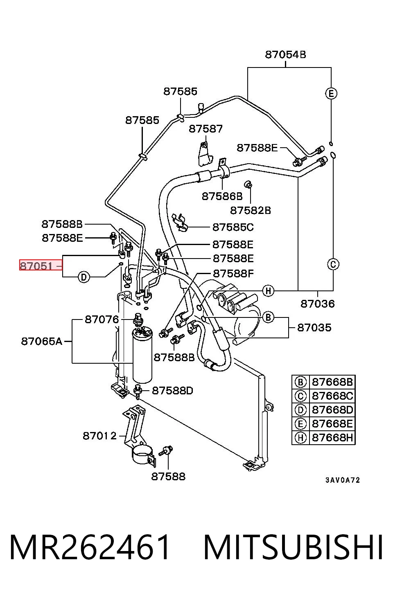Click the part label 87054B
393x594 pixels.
tap(285, 55)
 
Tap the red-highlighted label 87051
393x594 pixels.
tap(36, 265)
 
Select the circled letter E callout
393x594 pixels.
tap(331, 94)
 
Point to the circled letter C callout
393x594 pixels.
tap(333, 264)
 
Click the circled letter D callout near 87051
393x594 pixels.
tap(84, 277)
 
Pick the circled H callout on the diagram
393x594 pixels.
tap(268, 291)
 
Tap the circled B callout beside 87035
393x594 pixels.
tap(268, 317)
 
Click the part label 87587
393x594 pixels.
tap(206, 129)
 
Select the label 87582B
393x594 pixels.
tap(251, 210)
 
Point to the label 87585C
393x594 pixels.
tap(233, 227)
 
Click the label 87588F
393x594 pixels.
tap(233, 273)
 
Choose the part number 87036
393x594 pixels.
tap(317, 304)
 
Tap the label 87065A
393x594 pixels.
tap(42, 341)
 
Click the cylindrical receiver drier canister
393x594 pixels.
tap(142, 355)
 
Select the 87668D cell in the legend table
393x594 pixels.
tap(332, 410)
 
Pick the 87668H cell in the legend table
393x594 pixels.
tap(332, 438)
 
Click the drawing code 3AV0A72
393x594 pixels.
tap(343, 480)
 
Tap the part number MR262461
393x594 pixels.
tap(89, 547)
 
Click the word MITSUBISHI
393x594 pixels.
tap(293, 547)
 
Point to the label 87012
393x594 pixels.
tap(99, 436)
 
